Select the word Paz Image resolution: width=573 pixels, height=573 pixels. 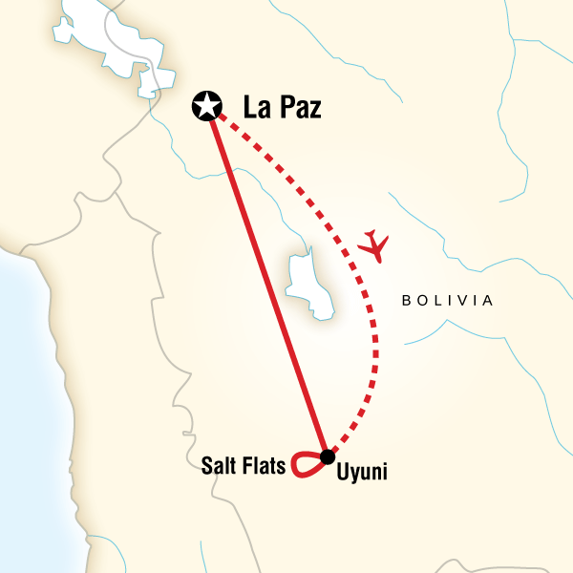pyautogui.click(x=300, y=106)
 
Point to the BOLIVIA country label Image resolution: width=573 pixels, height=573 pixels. pyautogui.click(x=447, y=301)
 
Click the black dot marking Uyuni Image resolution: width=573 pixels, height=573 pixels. pyautogui.click(x=328, y=455)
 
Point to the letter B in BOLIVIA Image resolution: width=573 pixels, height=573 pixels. pyautogui.click(x=407, y=301)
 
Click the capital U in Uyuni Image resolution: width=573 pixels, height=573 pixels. pyautogui.click(x=341, y=473)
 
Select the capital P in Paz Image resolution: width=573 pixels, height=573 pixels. pyautogui.click(x=286, y=106)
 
